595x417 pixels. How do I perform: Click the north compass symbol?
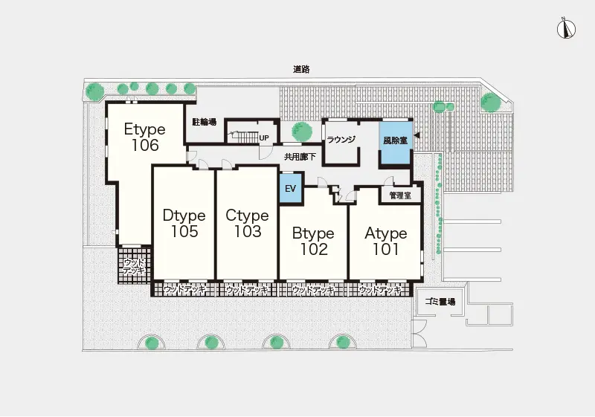pos(566,29)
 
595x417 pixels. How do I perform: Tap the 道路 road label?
pos(301,69)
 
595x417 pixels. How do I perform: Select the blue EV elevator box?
pos(291,188)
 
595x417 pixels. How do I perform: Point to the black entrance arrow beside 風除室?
pos(416,135)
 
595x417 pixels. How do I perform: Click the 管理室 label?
pos(400,195)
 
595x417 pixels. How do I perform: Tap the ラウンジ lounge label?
pos(341,140)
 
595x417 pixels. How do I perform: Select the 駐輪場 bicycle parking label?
pos(204,122)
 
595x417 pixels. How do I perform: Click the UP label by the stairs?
pos(264,138)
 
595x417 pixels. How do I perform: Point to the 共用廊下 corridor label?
pos(300,157)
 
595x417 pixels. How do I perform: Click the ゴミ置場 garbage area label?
pos(440,302)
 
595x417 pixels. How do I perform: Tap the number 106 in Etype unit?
pos(145,145)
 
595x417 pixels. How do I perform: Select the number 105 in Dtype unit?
pos(184,231)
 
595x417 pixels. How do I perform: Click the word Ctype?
pos(247,216)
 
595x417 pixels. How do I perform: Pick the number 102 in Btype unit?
pos(314,249)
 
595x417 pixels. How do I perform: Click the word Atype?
pos(385,233)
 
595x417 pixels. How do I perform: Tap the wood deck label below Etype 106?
pos(135,267)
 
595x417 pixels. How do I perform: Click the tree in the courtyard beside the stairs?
pos(302,131)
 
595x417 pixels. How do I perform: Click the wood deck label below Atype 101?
pos(379,291)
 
